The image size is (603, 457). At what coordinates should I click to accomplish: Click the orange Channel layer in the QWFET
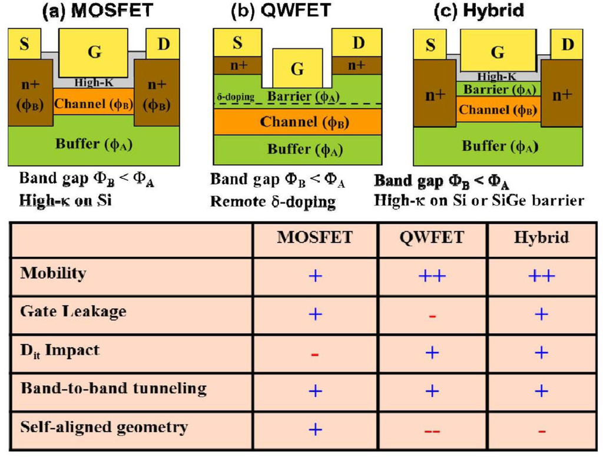[x=297, y=122]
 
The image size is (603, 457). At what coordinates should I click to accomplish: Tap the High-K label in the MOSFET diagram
[x=94, y=83]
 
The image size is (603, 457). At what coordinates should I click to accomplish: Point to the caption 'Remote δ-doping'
[x=273, y=202]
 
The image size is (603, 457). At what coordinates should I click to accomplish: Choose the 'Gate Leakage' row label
[x=72, y=311]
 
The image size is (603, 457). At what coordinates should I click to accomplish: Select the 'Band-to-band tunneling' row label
[x=113, y=389]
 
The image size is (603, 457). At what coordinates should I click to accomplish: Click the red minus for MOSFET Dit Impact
[x=315, y=355]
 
